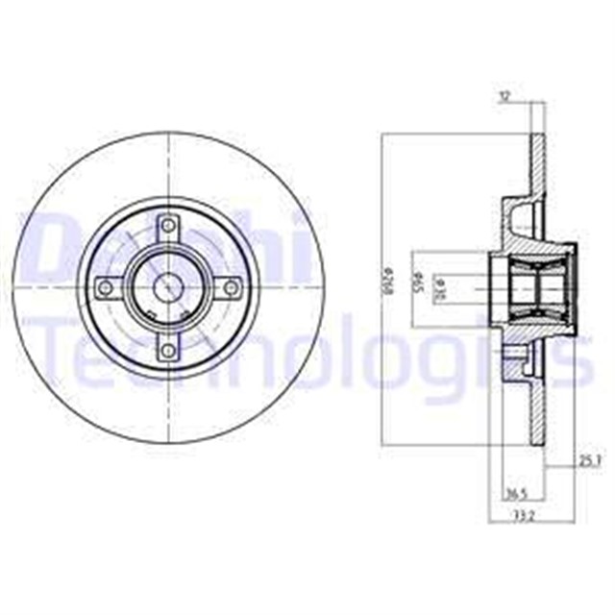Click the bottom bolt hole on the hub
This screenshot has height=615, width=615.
coord(170,349)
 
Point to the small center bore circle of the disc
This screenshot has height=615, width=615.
coord(170,286)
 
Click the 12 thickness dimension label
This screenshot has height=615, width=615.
coord(504,96)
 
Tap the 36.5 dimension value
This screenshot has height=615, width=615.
coord(516,495)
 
